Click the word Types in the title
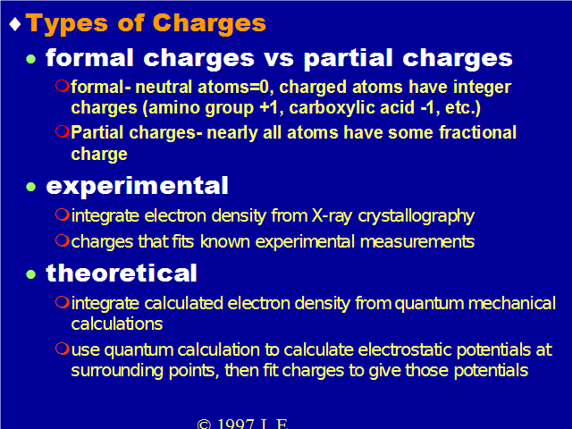(67, 24)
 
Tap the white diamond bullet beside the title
(15, 24)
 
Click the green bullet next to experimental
(31, 187)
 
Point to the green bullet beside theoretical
(31, 274)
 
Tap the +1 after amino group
(271, 107)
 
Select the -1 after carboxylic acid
(429, 107)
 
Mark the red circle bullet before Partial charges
(63, 131)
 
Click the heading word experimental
(137, 186)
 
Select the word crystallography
(416, 216)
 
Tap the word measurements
(417, 242)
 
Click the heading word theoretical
(122, 273)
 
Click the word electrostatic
(405, 349)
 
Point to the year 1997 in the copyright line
(235, 424)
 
